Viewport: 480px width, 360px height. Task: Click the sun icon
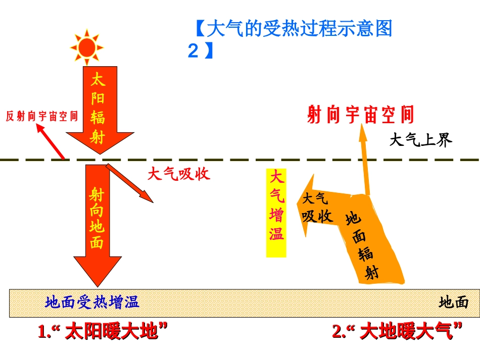[87, 47]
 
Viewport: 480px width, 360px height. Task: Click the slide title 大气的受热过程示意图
[293, 29]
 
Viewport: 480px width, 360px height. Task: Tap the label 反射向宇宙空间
[42, 116]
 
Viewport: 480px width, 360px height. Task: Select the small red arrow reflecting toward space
[51, 142]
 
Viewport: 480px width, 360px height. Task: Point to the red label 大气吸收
[178, 174]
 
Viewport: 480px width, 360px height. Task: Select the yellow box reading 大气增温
[276, 212]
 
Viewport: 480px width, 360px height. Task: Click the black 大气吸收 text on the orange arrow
[317, 208]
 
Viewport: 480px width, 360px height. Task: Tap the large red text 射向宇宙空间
[360, 115]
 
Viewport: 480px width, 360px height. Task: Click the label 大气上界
[420, 140]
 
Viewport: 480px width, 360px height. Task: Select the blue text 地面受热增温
[92, 302]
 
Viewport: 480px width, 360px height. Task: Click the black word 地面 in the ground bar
[453, 302]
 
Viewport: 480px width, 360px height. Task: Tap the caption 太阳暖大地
[103, 332]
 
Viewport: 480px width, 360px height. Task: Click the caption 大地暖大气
[398, 332]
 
